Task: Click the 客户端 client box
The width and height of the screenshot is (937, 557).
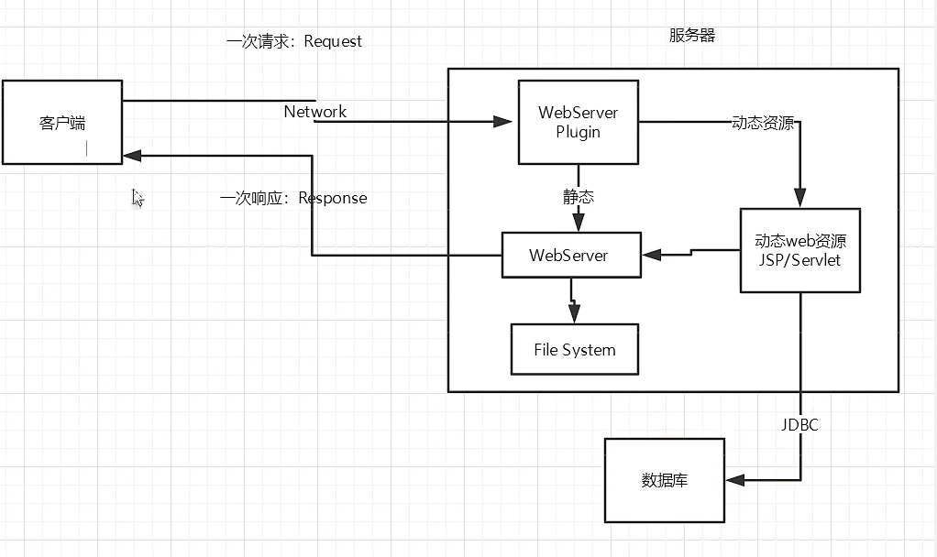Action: click(61, 122)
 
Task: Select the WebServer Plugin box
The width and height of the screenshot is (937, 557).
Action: click(578, 122)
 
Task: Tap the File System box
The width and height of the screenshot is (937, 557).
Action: click(575, 350)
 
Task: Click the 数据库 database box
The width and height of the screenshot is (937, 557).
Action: click(664, 479)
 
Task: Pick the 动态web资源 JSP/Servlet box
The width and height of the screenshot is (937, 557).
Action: click(799, 251)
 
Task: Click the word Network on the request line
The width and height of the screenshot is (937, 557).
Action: click(315, 112)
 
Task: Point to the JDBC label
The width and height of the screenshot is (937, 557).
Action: click(799, 425)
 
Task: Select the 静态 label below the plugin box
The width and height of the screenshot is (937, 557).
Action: click(579, 196)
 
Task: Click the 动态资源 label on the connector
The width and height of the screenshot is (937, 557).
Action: click(763, 123)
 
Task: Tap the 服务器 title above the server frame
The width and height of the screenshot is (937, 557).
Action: click(692, 36)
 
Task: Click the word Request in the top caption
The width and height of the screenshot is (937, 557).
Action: click(333, 41)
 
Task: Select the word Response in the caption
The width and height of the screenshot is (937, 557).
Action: click(333, 198)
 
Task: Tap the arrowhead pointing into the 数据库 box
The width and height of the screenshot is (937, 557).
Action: click(733, 479)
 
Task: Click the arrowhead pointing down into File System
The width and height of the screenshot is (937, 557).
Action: click(575, 315)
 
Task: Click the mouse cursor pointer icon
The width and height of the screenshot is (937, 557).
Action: click(138, 198)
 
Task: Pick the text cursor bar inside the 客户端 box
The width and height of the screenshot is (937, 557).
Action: click(87, 148)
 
